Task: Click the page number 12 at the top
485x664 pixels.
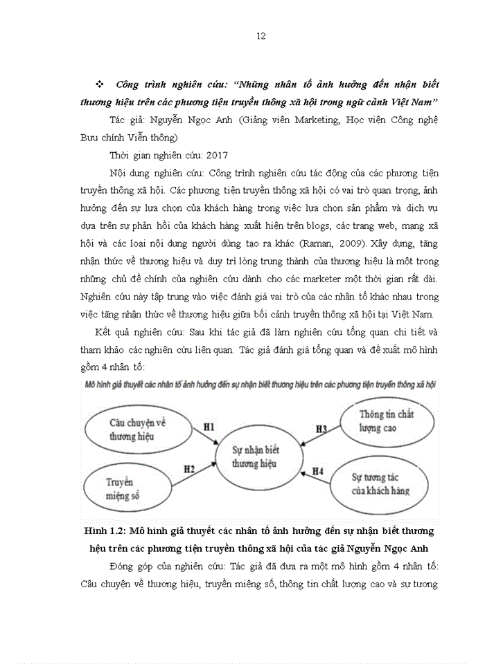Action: point(261,36)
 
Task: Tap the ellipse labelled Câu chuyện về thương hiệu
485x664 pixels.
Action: point(139,430)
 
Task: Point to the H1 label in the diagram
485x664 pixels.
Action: point(209,427)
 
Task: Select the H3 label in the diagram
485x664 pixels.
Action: point(321,429)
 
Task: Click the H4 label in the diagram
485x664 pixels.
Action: point(317,471)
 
